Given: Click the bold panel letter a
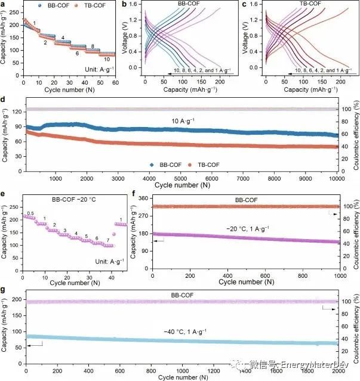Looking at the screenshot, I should (4, 5).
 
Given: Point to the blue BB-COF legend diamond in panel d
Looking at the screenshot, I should (152, 163).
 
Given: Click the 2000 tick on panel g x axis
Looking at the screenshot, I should (339, 369).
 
